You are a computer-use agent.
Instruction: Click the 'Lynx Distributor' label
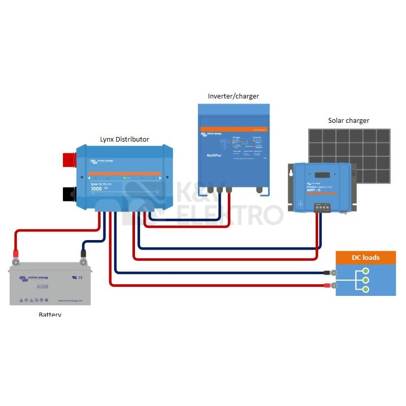tap(124, 139)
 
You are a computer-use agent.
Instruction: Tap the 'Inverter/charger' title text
tap(233, 96)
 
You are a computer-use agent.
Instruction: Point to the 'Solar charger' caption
tap(349, 120)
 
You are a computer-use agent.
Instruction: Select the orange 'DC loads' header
tap(365, 257)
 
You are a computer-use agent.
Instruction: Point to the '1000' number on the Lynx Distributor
tap(96, 189)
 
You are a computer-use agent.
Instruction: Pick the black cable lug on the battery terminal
tap(83, 254)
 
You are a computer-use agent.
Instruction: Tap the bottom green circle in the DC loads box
tap(365, 289)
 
